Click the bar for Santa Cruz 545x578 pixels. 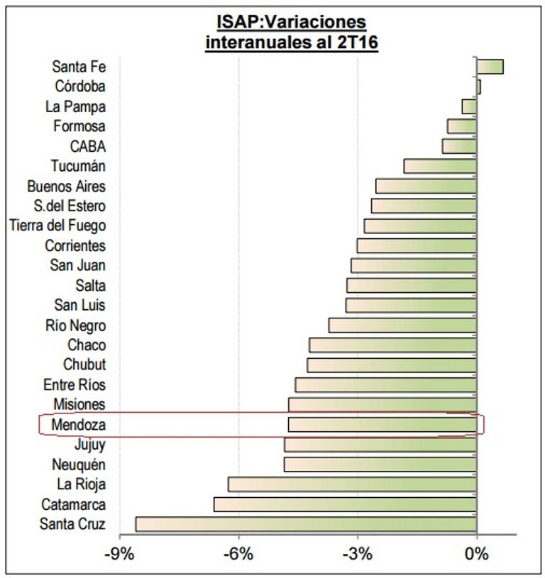305,524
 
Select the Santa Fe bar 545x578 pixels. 490,67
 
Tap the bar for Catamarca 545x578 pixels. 345,504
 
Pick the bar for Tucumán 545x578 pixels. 440,166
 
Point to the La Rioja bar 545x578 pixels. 352,484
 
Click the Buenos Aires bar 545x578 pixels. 426,186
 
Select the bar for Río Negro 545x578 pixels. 402,325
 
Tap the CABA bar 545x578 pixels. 459,146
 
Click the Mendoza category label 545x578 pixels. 78,425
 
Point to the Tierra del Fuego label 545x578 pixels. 57,226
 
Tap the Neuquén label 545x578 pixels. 79,465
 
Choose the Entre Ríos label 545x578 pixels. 75,384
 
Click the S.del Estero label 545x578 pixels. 70,206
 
